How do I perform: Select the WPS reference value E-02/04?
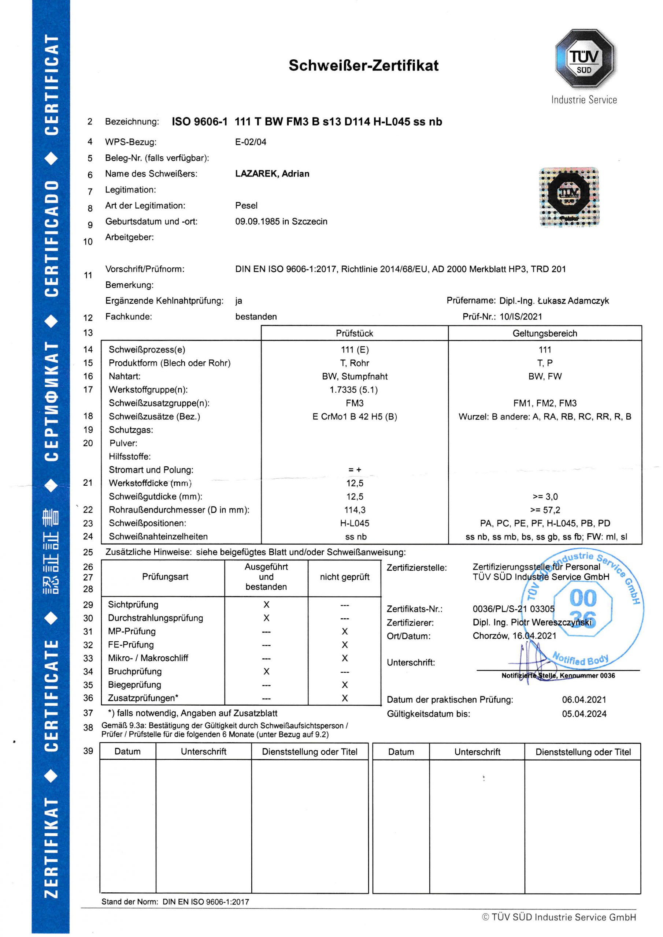pos(251,142)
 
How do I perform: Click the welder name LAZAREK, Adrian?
pos(272,174)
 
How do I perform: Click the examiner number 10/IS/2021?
pos(521,317)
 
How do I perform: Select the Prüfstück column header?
pos(354,333)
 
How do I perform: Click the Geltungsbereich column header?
pos(545,333)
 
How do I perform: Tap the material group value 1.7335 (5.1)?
pos(354,390)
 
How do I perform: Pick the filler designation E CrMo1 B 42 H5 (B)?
pos(355,417)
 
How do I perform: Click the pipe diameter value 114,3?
pos(355,510)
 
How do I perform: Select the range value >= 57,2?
pos(545,510)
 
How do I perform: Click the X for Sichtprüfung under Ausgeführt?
pos(266,605)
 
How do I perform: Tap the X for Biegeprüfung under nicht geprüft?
pos(345,685)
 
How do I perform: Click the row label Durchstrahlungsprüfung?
pos(155,618)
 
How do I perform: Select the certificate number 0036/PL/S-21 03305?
pos(514,609)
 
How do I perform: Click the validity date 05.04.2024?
pos(584,714)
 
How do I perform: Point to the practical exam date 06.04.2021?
pos(584,699)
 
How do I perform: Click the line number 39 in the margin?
pos(88,751)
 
